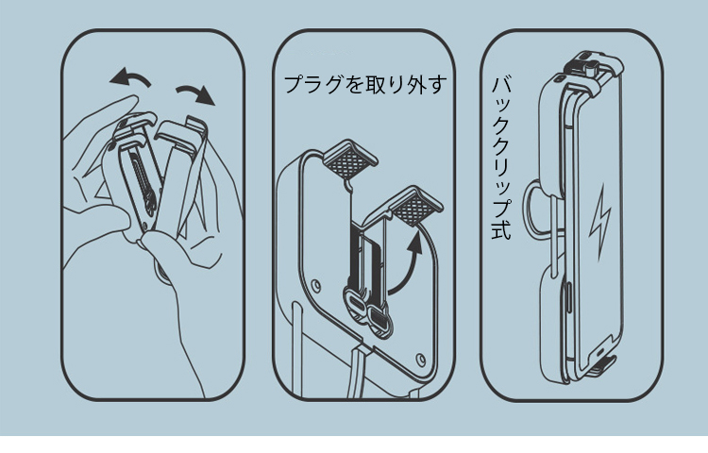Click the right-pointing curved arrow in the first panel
pyautogui.click(x=196, y=92)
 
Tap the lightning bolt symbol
pyautogui.click(x=600, y=221)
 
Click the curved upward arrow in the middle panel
pyautogui.click(x=409, y=271)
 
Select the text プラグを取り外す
pyautogui.click(x=365, y=84)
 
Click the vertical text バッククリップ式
pyautogui.click(x=501, y=158)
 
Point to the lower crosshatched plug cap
pyautogui.click(x=414, y=206)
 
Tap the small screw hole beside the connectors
pyautogui.click(x=316, y=285)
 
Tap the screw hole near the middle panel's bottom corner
pyautogui.click(x=421, y=360)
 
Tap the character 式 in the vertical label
pyautogui.click(x=501, y=230)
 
